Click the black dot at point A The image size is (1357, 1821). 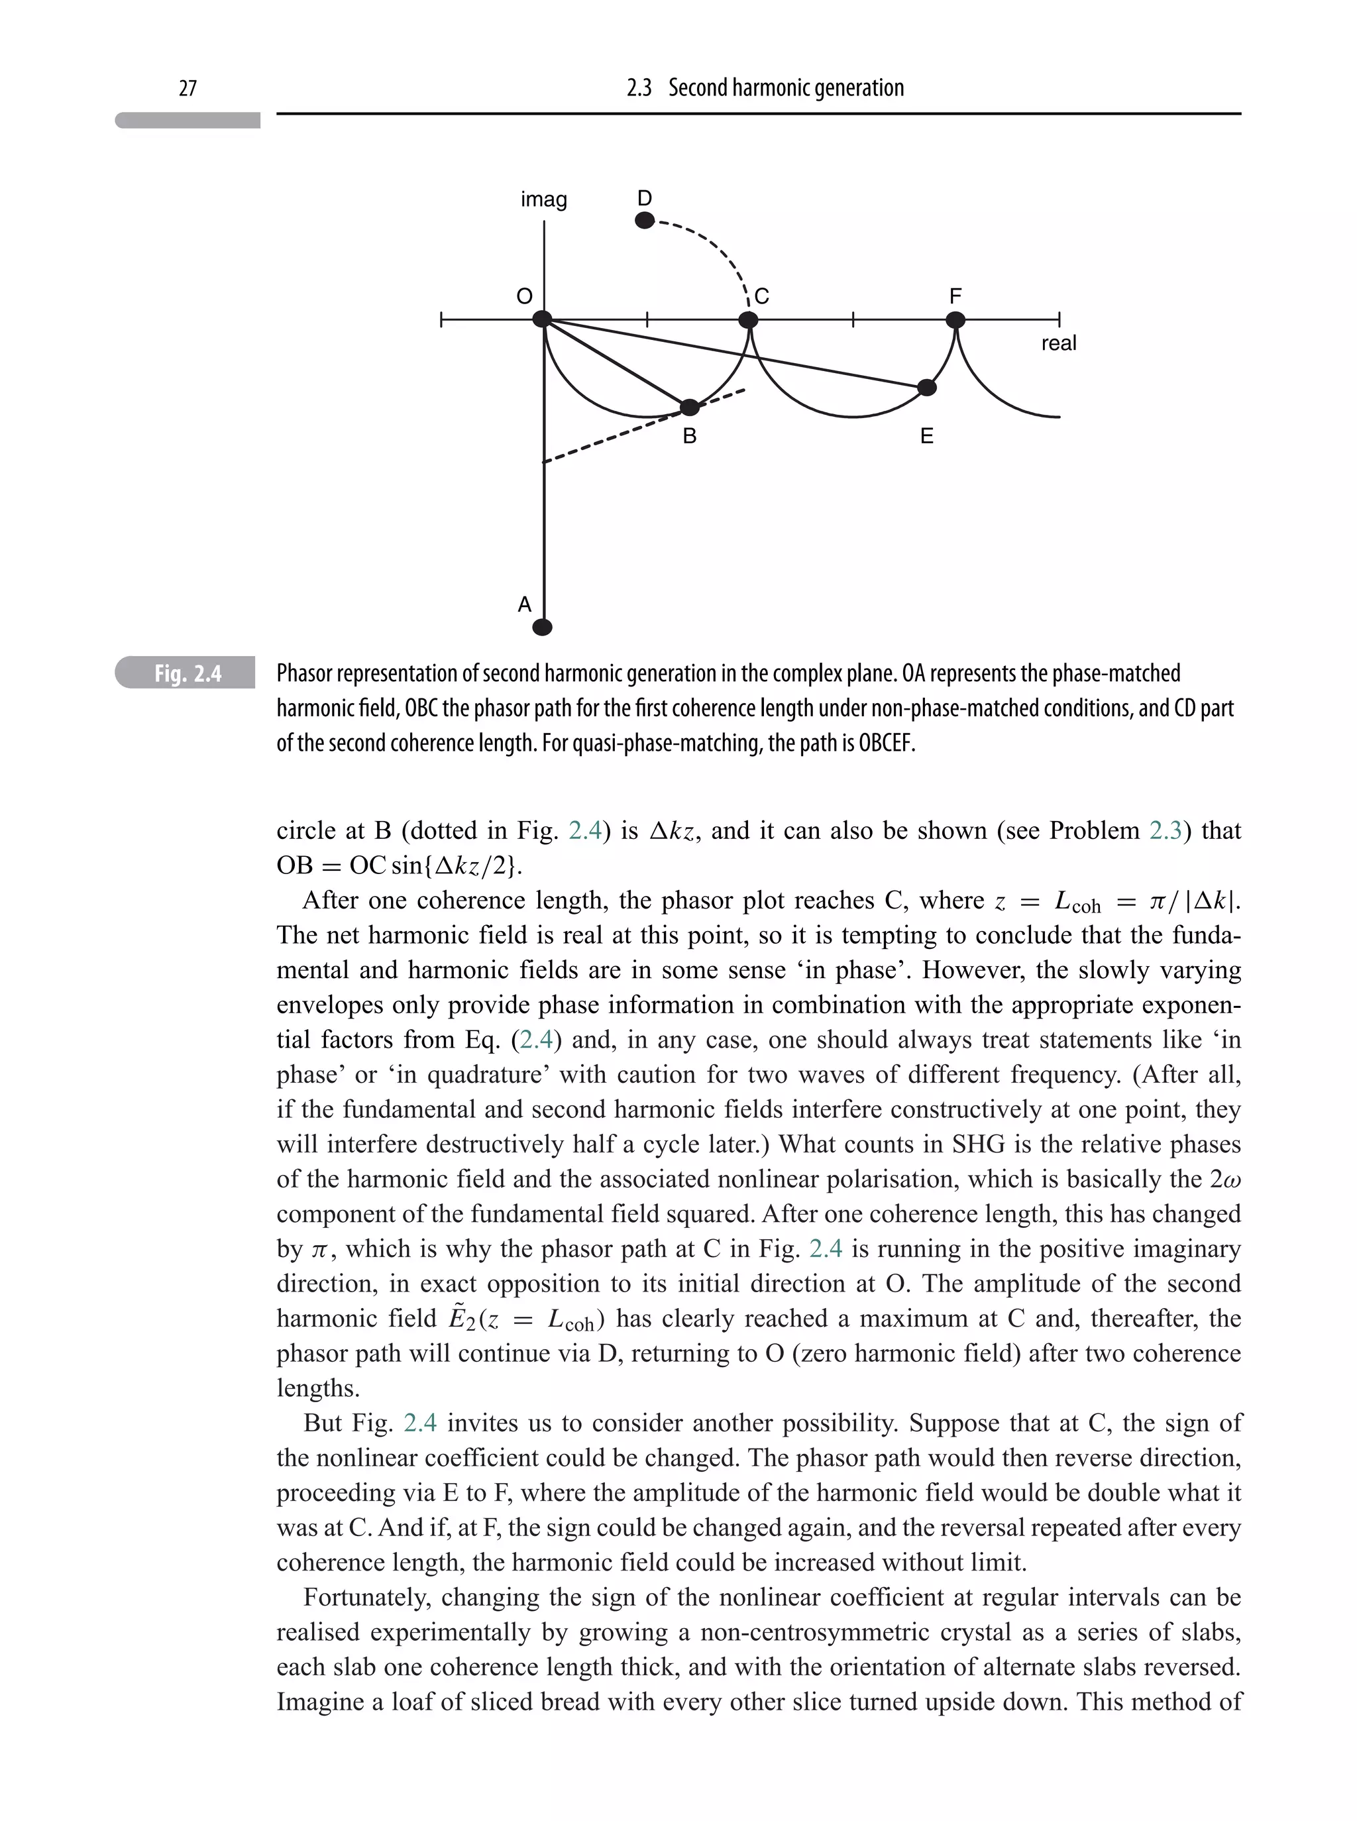[542, 628]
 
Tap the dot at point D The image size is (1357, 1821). [645, 220]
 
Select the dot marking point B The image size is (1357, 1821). [690, 408]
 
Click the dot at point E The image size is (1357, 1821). [926, 388]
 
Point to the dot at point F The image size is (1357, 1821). [955, 319]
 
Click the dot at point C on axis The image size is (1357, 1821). [748, 319]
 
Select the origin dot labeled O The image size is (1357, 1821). [542, 319]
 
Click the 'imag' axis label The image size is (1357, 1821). [544, 199]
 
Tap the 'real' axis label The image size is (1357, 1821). [1058, 343]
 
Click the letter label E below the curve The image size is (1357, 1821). [926, 436]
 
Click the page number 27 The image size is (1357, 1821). [188, 88]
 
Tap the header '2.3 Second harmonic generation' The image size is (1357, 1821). [765, 88]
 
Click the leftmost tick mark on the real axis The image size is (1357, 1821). [441, 319]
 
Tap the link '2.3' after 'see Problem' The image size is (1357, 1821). [1165, 830]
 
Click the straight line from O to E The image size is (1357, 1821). [739, 354]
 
